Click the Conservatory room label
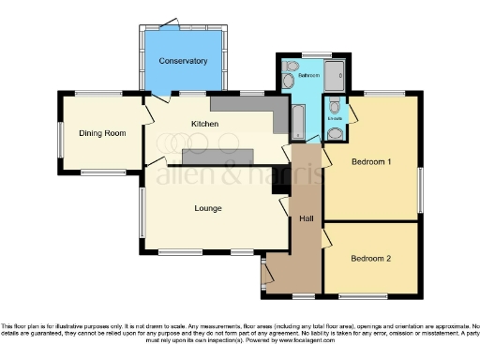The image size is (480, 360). [183, 61]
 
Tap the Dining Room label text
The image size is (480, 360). [102, 133]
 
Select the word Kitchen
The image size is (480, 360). [204, 124]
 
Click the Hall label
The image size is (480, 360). [306, 218]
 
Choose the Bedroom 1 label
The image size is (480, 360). [371, 162]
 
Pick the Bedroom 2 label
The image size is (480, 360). [371, 258]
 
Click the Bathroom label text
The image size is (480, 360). [310, 74]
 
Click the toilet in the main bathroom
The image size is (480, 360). [291, 67]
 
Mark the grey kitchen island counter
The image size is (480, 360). [218, 156]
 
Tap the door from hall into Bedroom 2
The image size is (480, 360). [325, 240]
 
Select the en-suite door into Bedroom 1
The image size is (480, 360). [350, 114]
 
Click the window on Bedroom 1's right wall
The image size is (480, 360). [419, 187]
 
